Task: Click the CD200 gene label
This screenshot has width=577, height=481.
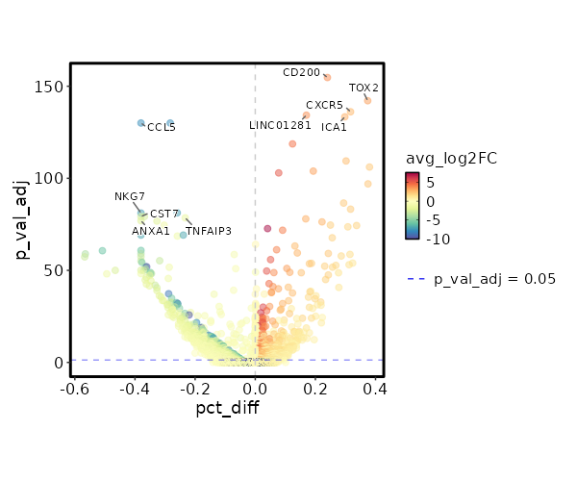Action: coord(301,72)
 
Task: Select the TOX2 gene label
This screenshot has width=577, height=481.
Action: coord(364,89)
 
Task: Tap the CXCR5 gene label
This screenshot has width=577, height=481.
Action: coord(324,105)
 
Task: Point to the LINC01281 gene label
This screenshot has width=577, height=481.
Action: coord(280,125)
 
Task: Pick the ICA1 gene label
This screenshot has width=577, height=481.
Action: coord(334,127)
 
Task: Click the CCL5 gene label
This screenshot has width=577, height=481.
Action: coord(162,127)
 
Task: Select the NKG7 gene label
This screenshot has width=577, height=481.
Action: coord(130,196)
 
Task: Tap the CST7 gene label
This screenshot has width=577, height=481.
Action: coord(164,214)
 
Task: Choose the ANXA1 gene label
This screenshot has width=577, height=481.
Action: coord(151,231)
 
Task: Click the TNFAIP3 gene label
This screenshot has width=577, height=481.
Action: coord(209,231)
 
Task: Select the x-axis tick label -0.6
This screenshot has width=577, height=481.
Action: coord(71,389)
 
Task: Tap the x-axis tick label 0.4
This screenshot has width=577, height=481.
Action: coord(375,389)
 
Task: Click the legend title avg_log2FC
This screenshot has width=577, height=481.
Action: coord(451,159)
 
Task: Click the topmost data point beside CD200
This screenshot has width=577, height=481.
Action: coord(327,77)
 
